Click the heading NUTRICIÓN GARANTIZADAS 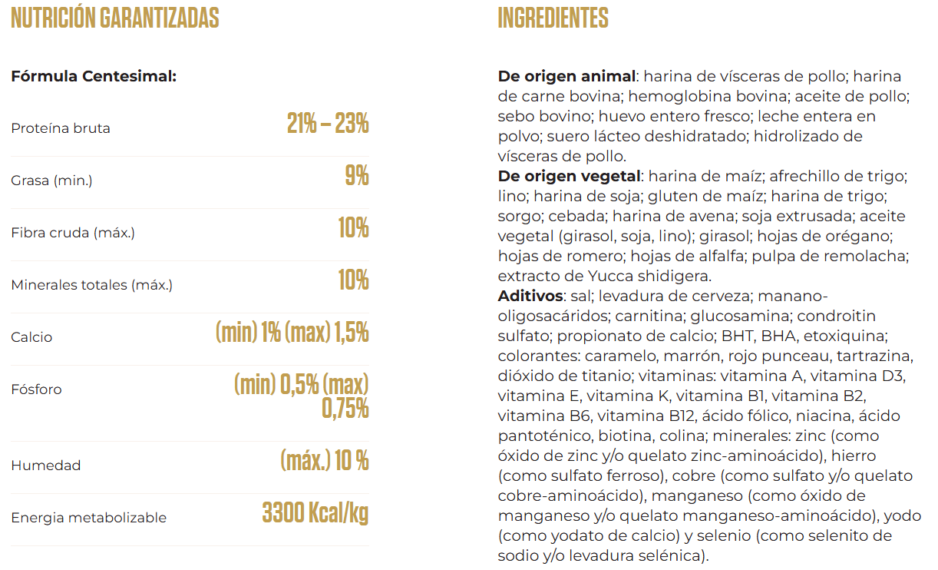pos(115,18)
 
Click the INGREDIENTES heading pos(553,18)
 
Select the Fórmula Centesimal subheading pos(94,77)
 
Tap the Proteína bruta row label pos(61,128)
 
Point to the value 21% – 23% pos(328,124)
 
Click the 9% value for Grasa pos(357,176)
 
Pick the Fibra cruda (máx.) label pos(73,233)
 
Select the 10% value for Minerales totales pos(353,280)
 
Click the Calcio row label pos(31,337)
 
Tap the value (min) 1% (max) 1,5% pos(292,333)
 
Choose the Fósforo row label pos(36,389)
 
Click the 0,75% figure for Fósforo pos(345,409)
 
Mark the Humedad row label pos(45,466)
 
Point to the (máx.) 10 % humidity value pos(324,461)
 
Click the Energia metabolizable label pos(88,518)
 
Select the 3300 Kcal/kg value pos(315,513)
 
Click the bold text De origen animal pos(566,77)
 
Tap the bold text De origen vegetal pos(569,177)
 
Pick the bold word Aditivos pos(530,297)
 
